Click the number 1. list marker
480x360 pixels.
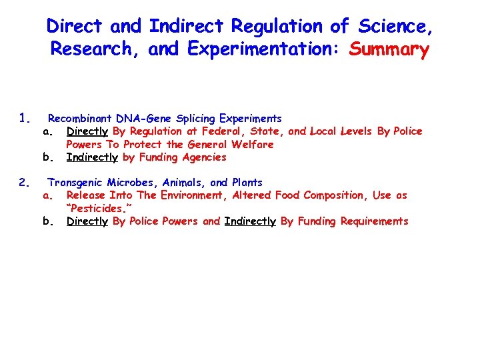[x=25, y=119]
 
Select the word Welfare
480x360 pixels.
[x=252, y=144]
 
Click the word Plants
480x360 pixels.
[x=247, y=182]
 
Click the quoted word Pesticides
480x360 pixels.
[x=97, y=208]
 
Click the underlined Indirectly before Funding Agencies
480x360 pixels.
[x=92, y=157]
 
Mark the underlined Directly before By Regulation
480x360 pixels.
[x=87, y=131]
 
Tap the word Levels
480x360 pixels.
[x=357, y=131]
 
